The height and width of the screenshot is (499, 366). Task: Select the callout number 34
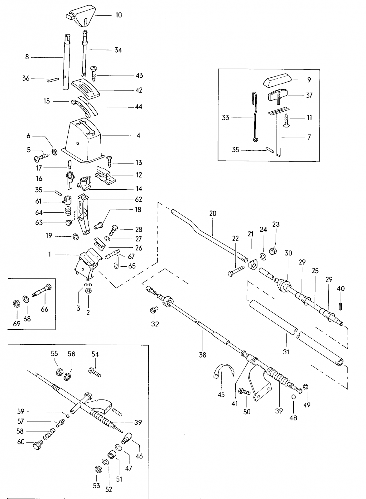[118, 50]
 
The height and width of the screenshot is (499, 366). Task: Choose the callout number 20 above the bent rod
[213, 214]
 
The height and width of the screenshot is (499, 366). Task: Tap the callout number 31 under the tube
[286, 352]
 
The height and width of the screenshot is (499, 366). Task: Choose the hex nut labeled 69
[16, 303]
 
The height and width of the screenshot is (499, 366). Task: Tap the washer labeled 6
[55, 152]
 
